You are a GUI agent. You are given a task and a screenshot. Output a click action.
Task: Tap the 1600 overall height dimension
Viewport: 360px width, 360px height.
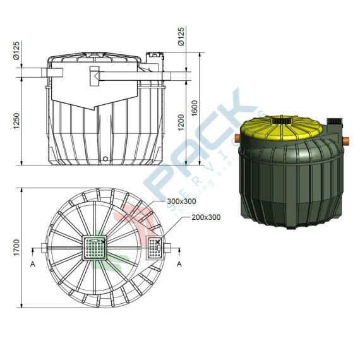pos(196,107)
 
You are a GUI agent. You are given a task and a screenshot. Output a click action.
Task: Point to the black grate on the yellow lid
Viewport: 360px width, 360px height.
pos(282,119)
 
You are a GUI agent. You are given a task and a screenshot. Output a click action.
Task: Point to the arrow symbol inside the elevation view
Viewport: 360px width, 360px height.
pos(96,76)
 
